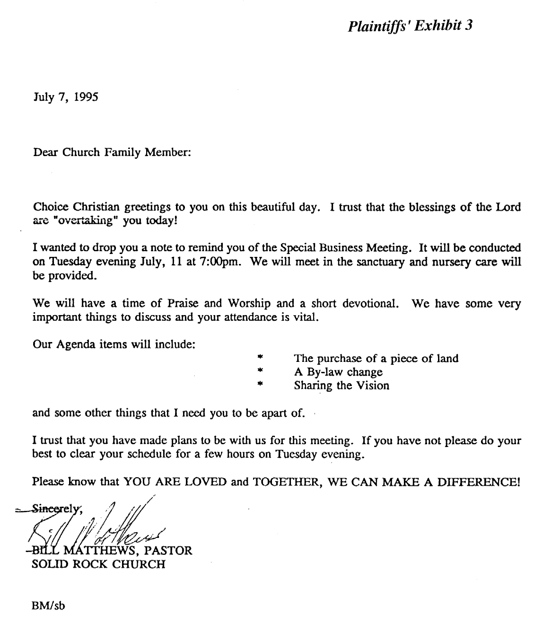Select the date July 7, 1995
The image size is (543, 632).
(x=65, y=98)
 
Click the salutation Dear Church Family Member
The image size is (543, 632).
(x=112, y=153)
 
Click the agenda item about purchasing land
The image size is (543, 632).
(x=376, y=359)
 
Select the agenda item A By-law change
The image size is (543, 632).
(x=338, y=372)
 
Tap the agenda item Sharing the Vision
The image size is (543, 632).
(x=342, y=386)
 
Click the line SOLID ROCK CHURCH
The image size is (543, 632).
(x=99, y=564)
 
